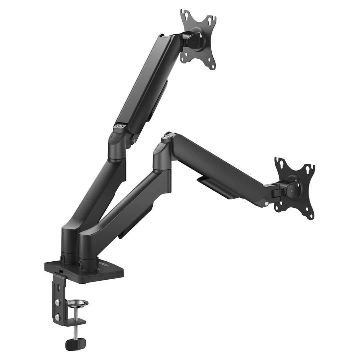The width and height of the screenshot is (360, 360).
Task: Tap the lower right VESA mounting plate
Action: coord(295,189)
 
